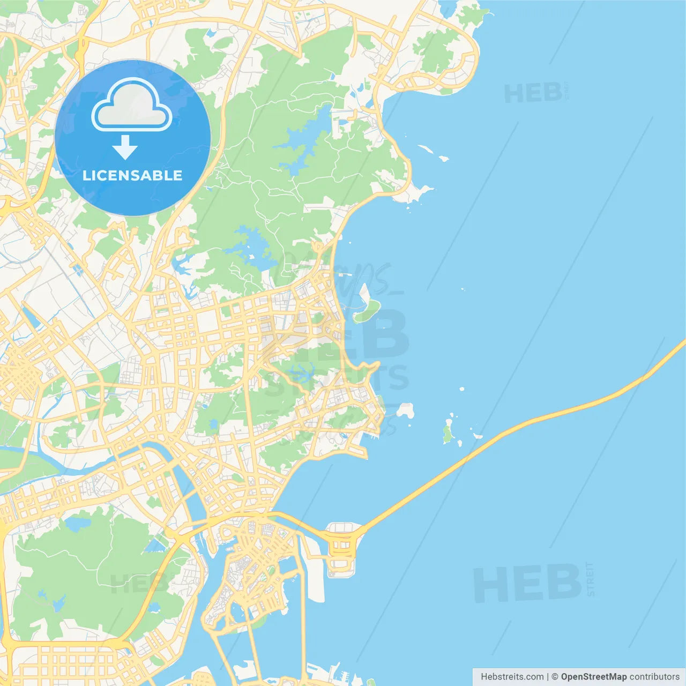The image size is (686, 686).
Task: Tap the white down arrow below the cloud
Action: tap(125, 147)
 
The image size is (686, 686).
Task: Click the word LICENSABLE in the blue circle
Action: tap(132, 175)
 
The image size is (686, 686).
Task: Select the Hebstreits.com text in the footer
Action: tap(512, 677)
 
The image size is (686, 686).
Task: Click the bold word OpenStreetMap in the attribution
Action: tap(593, 677)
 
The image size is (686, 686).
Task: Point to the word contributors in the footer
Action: tap(654, 677)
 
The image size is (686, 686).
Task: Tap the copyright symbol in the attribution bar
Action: tap(555, 677)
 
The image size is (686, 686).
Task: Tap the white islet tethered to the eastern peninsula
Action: tap(405, 411)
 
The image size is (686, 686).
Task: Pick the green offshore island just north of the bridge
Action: tap(448, 432)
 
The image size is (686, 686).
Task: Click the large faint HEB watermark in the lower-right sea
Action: tap(527, 584)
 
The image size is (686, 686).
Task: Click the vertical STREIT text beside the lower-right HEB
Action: tap(591, 579)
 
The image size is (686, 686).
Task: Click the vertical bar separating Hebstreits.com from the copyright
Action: tap(547, 677)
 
